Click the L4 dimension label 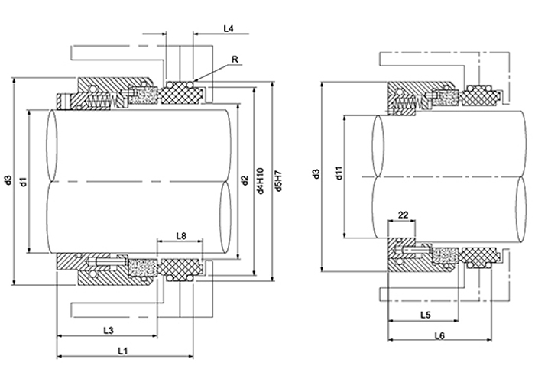pyautogui.click(x=228, y=28)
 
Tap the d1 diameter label pyautogui.click(x=24, y=181)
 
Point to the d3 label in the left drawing pyautogui.click(x=8, y=181)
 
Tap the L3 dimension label pyautogui.click(x=109, y=330)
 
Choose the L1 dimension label pyautogui.click(x=122, y=350)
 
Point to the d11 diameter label pyautogui.click(x=338, y=175)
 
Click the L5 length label pyautogui.click(x=425, y=316)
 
